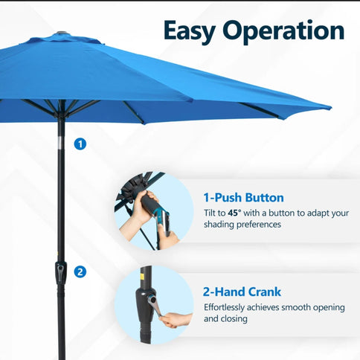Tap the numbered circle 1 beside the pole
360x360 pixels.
point(80,144)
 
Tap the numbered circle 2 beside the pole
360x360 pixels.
point(80,272)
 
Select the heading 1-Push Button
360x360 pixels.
point(243,198)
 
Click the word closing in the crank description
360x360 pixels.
point(233,319)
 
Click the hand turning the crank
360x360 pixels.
point(176,320)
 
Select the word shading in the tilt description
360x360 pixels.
point(220,225)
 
